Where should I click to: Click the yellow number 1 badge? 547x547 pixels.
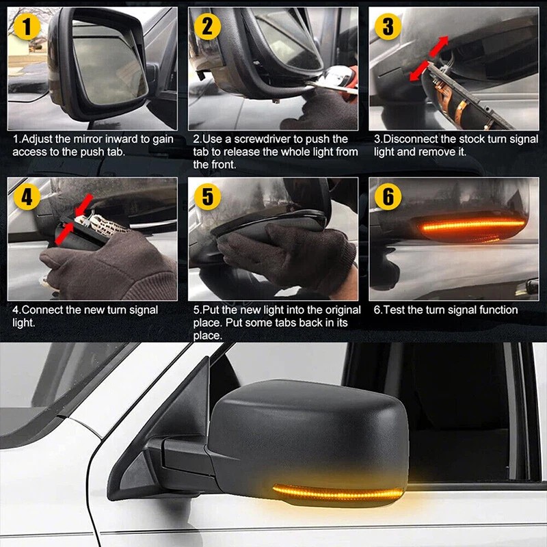click(26, 27)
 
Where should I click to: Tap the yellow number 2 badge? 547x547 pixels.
click(206, 27)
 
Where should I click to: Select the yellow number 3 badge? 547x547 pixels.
click(388, 27)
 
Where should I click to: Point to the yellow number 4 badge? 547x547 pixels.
click(26, 198)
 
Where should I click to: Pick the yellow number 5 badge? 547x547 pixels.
click(207, 198)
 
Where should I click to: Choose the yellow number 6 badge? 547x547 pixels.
click(388, 198)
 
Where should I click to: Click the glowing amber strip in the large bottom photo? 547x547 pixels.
click(335, 490)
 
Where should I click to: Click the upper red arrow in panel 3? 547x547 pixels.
click(438, 46)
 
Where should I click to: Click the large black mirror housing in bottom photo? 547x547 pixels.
click(308, 431)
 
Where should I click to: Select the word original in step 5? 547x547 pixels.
click(333, 310)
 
